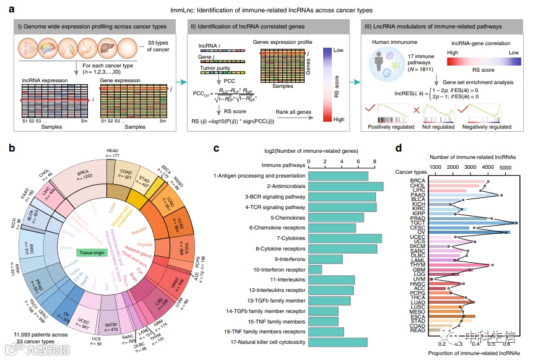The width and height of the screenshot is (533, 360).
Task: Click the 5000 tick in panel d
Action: [x=505, y=167]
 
